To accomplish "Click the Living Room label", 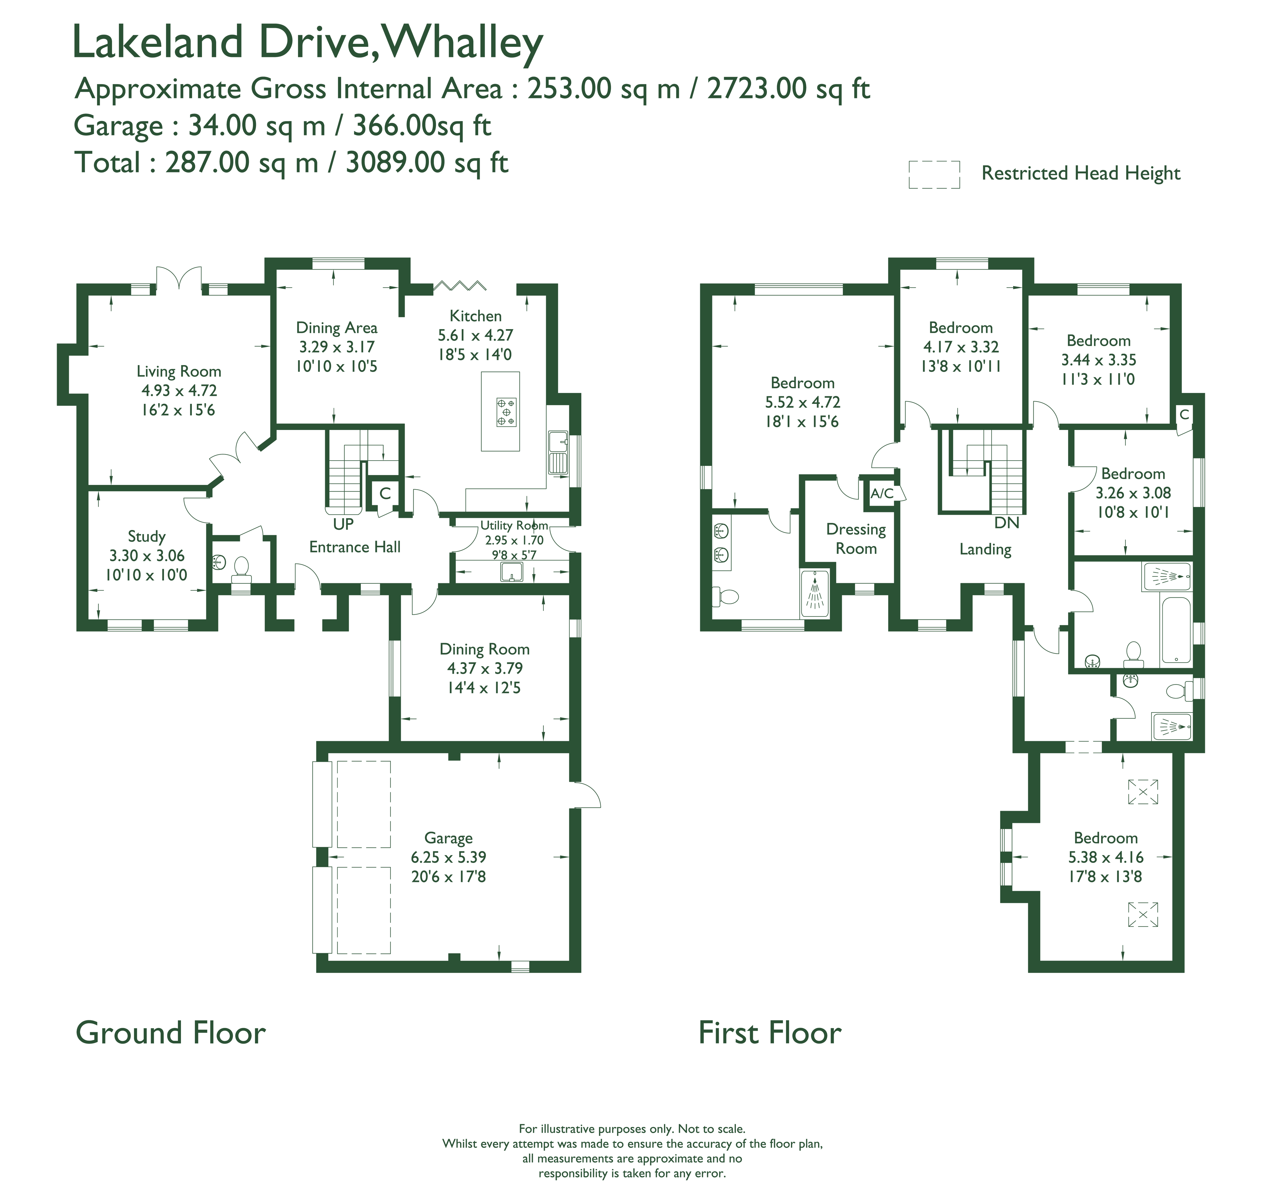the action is [x=179, y=372].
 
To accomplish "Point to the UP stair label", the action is [x=343, y=524].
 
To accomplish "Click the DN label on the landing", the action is [x=1007, y=523].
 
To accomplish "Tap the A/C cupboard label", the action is [x=882, y=494].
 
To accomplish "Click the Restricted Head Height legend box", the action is [x=934, y=175].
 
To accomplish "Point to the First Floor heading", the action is [x=770, y=1033].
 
